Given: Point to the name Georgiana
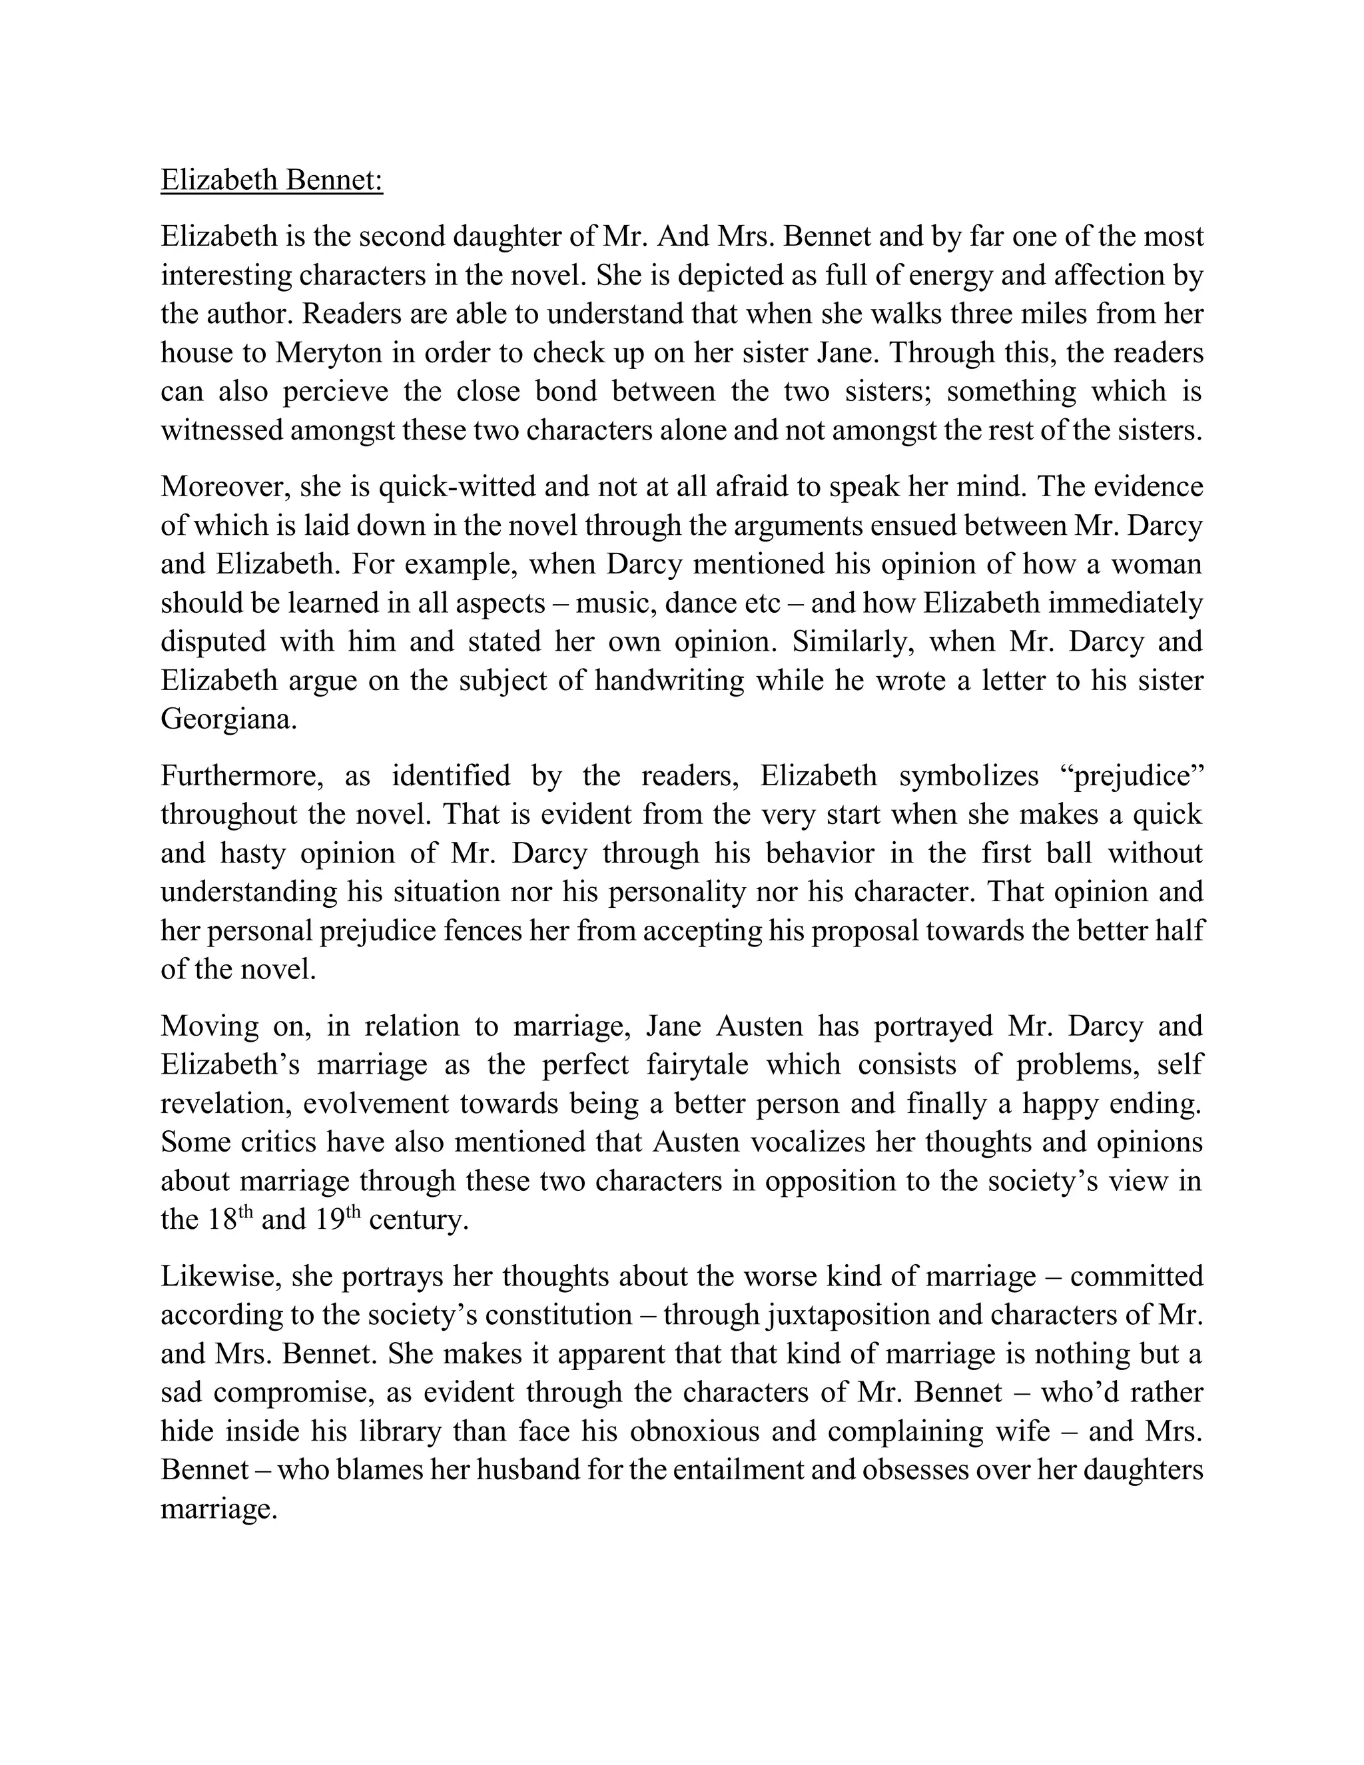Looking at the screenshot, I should [x=228, y=719].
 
